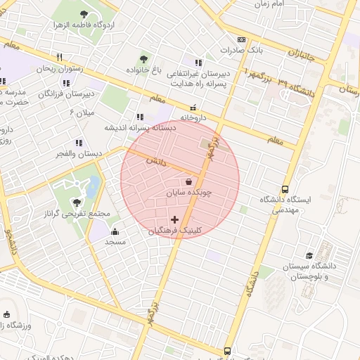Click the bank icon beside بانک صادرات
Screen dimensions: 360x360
(241, 40)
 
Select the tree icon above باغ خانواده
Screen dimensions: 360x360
(144, 59)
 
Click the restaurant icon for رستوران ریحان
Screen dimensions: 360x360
(60, 58)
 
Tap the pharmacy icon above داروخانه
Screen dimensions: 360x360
(193, 108)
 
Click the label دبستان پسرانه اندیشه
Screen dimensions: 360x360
(139, 128)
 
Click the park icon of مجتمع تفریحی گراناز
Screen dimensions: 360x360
(77, 202)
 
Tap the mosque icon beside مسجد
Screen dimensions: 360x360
(115, 231)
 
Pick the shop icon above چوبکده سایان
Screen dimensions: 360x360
(188, 182)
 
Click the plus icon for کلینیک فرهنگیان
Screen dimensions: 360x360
(175, 220)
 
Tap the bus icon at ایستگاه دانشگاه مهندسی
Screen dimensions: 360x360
(285, 189)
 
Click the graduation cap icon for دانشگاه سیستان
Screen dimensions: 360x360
(309, 256)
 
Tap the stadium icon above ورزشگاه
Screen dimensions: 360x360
(8, 314)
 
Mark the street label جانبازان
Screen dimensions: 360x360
(303, 54)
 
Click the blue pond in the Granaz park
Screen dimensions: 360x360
(94, 187)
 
